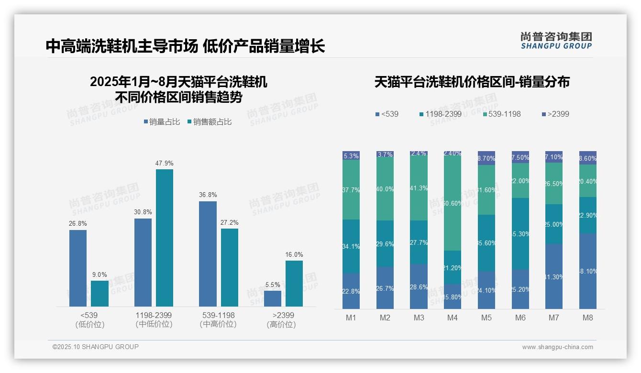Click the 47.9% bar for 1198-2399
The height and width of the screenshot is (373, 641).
coord(164,238)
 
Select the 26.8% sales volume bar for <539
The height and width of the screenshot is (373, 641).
coord(78,268)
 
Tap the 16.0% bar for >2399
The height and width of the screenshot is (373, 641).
coord(294,283)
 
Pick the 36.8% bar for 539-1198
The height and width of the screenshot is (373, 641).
coord(208,253)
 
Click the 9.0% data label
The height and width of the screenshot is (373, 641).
coord(99,274)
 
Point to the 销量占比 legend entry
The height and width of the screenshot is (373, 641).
coord(162,122)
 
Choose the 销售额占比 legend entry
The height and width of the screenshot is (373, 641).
coord(210,122)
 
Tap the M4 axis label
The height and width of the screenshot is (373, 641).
coord(453,318)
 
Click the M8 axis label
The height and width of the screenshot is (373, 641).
coord(588,318)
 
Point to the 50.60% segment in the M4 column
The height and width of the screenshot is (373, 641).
coord(453,203)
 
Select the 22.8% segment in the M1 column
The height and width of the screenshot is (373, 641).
coord(351,291)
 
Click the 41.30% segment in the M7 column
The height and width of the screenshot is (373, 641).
coord(554,276)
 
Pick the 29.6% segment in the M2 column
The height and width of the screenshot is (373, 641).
coord(385,243)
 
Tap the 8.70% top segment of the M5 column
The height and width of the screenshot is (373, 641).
coord(486,158)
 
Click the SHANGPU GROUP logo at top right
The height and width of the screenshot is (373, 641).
coord(556,40)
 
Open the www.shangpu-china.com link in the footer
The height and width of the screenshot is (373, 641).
coord(557,347)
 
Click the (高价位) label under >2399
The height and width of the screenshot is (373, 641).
coord(281,325)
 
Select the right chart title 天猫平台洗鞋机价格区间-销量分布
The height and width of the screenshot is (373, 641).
coord(472,82)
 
